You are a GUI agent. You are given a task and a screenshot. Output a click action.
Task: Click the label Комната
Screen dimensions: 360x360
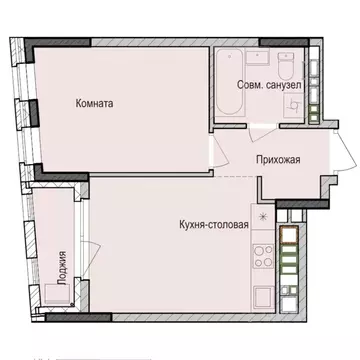tap(93, 102)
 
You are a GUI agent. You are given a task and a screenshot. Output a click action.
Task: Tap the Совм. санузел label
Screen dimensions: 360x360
tap(265, 86)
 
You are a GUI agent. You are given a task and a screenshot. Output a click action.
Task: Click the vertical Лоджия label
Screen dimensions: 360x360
tap(63, 267)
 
